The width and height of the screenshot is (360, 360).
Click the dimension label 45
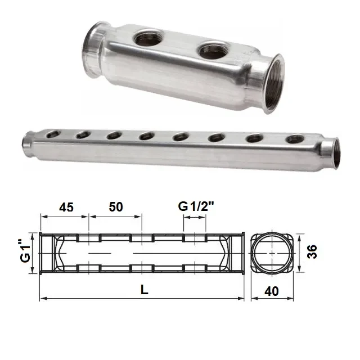click(66, 208)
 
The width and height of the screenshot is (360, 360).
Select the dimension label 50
click(116, 207)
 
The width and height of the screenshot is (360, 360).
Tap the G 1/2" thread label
click(196, 206)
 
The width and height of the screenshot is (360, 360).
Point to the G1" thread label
click(25, 251)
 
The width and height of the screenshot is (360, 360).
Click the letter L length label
click(144, 290)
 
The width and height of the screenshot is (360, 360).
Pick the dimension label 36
click(312, 252)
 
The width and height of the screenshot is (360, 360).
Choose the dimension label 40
click(272, 291)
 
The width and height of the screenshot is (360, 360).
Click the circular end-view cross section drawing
click(272, 253)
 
